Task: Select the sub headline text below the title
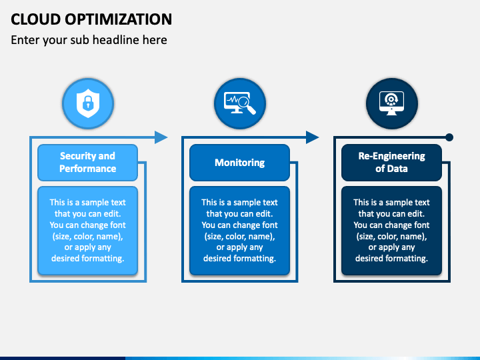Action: click(x=89, y=40)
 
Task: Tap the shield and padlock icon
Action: click(x=87, y=103)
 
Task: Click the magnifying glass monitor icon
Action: click(x=239, y=103)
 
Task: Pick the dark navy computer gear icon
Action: click(x=391, y=103)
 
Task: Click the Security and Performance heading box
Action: click(x=87, y=163)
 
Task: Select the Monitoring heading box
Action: click(x=239, y=163)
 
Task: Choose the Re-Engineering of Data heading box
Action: click(x=391, y=163)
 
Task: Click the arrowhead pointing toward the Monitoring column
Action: click(x=161, y=137)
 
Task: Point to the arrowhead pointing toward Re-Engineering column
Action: click(x=313, y=137)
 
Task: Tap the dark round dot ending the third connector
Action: click(x=449, y=137)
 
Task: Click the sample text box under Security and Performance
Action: click(x=87, y=231)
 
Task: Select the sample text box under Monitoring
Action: click(x=239, y=231)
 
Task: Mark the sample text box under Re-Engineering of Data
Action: click(x=391, y=231)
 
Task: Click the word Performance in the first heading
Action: click(x=87, y=169)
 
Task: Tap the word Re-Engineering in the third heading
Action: click(x=391, y=156)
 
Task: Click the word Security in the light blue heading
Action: click(x=78, y=156)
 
